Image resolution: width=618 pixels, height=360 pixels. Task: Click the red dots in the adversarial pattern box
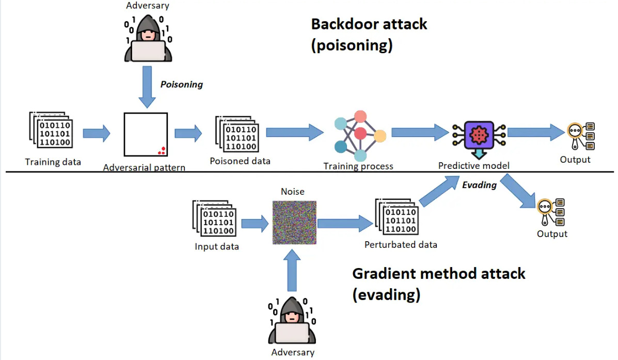(162, 150)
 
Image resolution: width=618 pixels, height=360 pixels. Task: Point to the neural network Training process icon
(359, 135)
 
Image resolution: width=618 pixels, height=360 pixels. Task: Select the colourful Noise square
(294, 223)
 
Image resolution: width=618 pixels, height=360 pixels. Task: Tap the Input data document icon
(214, 220)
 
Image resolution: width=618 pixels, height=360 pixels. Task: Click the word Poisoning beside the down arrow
(181, 84)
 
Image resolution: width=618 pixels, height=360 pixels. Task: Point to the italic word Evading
(479, 185)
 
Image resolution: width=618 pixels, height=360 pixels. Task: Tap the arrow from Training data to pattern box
(97, 133)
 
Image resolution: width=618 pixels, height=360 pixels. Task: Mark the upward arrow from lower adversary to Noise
(293, 272)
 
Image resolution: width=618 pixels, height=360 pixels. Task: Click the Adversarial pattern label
(144, 168)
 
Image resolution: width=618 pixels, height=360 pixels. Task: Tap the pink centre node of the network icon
(360, 134)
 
